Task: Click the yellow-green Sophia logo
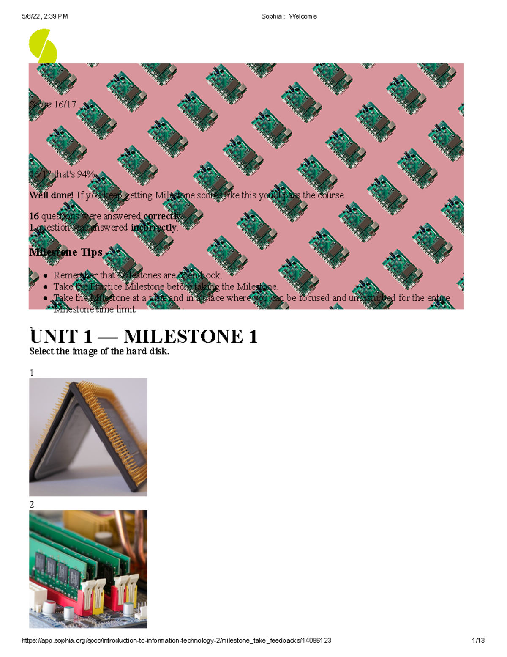43,46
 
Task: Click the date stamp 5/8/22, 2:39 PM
44,16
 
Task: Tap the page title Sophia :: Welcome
289,16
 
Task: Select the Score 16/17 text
53,104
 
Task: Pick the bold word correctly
162,216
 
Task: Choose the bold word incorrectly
153,228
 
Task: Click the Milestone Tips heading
66,252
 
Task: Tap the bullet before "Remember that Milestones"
45,275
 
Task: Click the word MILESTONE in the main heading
183,337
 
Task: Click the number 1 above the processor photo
32,372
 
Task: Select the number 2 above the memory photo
32,504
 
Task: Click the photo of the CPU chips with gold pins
88,437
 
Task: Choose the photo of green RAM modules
88,569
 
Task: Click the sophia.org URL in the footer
176,641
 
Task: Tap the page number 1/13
478,641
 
